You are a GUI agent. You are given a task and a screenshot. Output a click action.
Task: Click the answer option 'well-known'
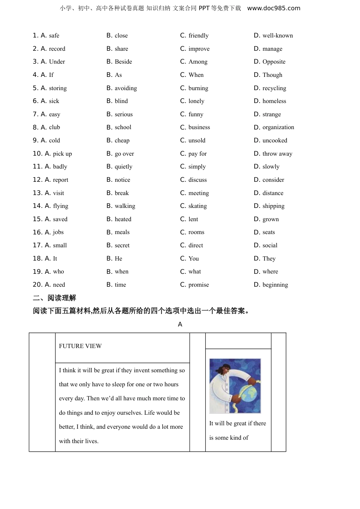pyautogui.click(x=277, y=36)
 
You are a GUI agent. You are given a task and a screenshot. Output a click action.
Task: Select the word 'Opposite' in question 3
pyautogui.click(x=274, y=62)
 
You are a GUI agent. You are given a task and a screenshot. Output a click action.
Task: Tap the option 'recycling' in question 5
pyautogui.click(x=274, y=88)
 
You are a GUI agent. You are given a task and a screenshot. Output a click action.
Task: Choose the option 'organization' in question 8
pyautogui.click(x=278, y=127)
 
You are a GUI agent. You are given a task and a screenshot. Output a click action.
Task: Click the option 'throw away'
pyautogui.click(x=277, y=154)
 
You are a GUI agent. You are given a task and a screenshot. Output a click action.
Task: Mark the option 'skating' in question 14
pyautogui.click(x=197, y=206)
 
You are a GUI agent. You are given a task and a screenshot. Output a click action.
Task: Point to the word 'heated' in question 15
pyautogui.click(x=123, y=219)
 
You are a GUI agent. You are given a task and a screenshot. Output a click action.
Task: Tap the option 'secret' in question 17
pyautogui.click(x=122, y=245)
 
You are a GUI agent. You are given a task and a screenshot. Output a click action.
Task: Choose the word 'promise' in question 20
pyautogui.click(x=199, y=285)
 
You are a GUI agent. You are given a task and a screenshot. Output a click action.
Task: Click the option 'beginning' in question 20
pyautogui.click(x=275, y=285)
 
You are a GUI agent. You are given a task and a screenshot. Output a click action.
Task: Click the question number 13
pyautogui.click(x=38, y=193)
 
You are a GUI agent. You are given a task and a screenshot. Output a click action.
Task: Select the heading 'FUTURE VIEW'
pyautogui.click(x=80, y=346)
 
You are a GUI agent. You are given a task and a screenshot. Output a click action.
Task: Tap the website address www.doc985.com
pyautogui.click(x=274, y=8)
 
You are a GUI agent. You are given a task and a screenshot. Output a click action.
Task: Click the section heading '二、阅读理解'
pyautogui.click(x=55, y=298)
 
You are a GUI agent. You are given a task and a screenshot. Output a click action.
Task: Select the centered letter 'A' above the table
pyautogui.click(x=180, y=325)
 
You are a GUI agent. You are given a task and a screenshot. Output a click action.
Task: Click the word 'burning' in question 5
pyautogui.click(x=198, y=88)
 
